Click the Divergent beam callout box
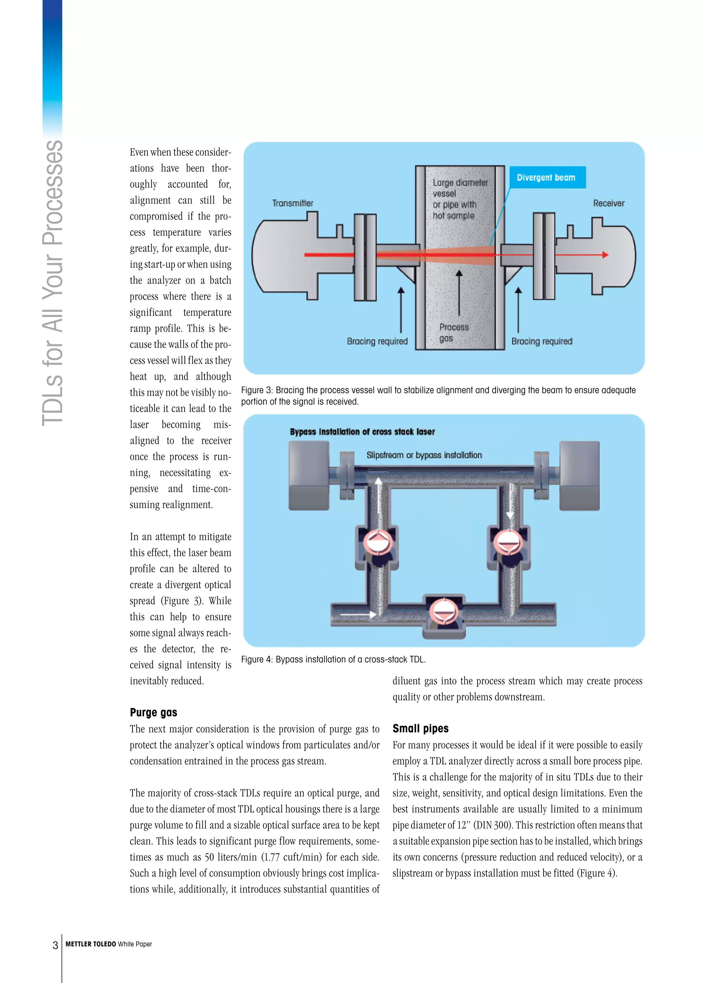pyautogui.click(x=547, y=177)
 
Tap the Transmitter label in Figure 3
pyautogui.click(x=292, y=203)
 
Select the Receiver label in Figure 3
pyautogui.click(x=608, y=203)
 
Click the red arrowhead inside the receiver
pyautogui.click(x=605, y=255)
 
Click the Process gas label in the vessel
pyautogui.click(x=453, y=333)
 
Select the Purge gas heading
pyautogui.click(x=153, y=712)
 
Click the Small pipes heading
pyautogui.click(x=420, y=728)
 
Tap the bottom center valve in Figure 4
pyautogui.click(x=443, y=612)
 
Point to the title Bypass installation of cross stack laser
pyautogui.click(x=362, y=431)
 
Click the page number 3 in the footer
pyautogui.click(x=55, y=945)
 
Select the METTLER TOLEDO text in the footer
pyautogui.click(x=91, y=944)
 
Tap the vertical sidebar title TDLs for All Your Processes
pyautogui.click(x=53, y=283)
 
